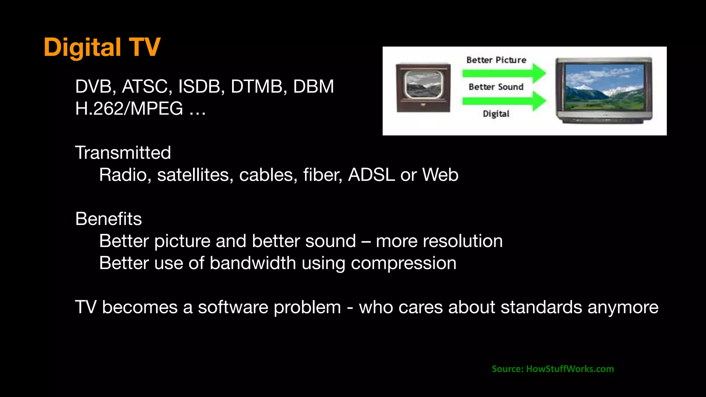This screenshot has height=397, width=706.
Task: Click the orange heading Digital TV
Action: pyautogui.click(x=102, y=47)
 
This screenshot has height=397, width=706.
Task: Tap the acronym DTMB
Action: pyautogui.click(x=259, y=86)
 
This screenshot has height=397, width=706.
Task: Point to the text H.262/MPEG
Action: pyautogui.click(x=129, y=109)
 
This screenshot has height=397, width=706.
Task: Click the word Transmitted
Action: pyautogui.click(x=123, y=153)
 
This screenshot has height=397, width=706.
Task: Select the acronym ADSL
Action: pyautogui.click(x=371, y=175)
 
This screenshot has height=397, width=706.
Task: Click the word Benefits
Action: pyautogui.click(x=109, y=219)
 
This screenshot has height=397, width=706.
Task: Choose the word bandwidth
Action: pyautogui.click(x=253, y=263)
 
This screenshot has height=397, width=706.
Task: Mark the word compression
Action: pyautogui.click(x=403, y=264)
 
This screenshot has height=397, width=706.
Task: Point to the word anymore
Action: pyautogui.click(x=623, y=307)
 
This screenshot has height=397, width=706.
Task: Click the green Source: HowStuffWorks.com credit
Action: pyautogui.click(x=553, y=369)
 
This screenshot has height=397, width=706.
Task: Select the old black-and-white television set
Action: pyautogui.click(x=423, y=88)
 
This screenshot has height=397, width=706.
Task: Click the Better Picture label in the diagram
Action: pyautogui.click(x=496, y=60)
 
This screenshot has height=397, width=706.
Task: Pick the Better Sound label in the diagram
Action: pyautogui.click(x=496, y=87)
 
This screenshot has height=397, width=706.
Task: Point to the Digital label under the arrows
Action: pyautogui.click(x=496, y=114)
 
